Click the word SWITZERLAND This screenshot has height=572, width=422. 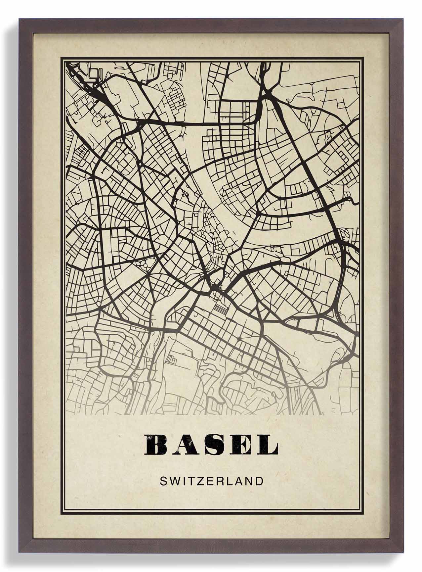tap(211, 481)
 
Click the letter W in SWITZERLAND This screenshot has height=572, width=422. tap(176, 481)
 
